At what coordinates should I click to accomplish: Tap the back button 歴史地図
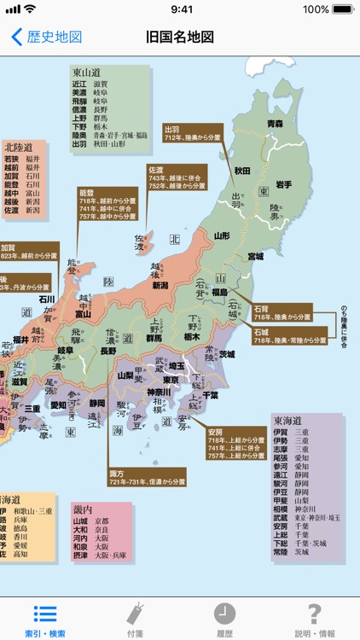coord(47,38)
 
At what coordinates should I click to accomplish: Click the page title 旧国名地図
coord(180,38)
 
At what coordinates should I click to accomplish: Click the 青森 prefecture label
coord(274,124)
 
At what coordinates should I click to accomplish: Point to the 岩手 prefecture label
coord(283,184)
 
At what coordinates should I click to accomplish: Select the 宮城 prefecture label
coord(255,256)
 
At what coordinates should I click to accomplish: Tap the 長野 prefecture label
coord(108,351)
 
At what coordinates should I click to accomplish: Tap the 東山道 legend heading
coord(87,73)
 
